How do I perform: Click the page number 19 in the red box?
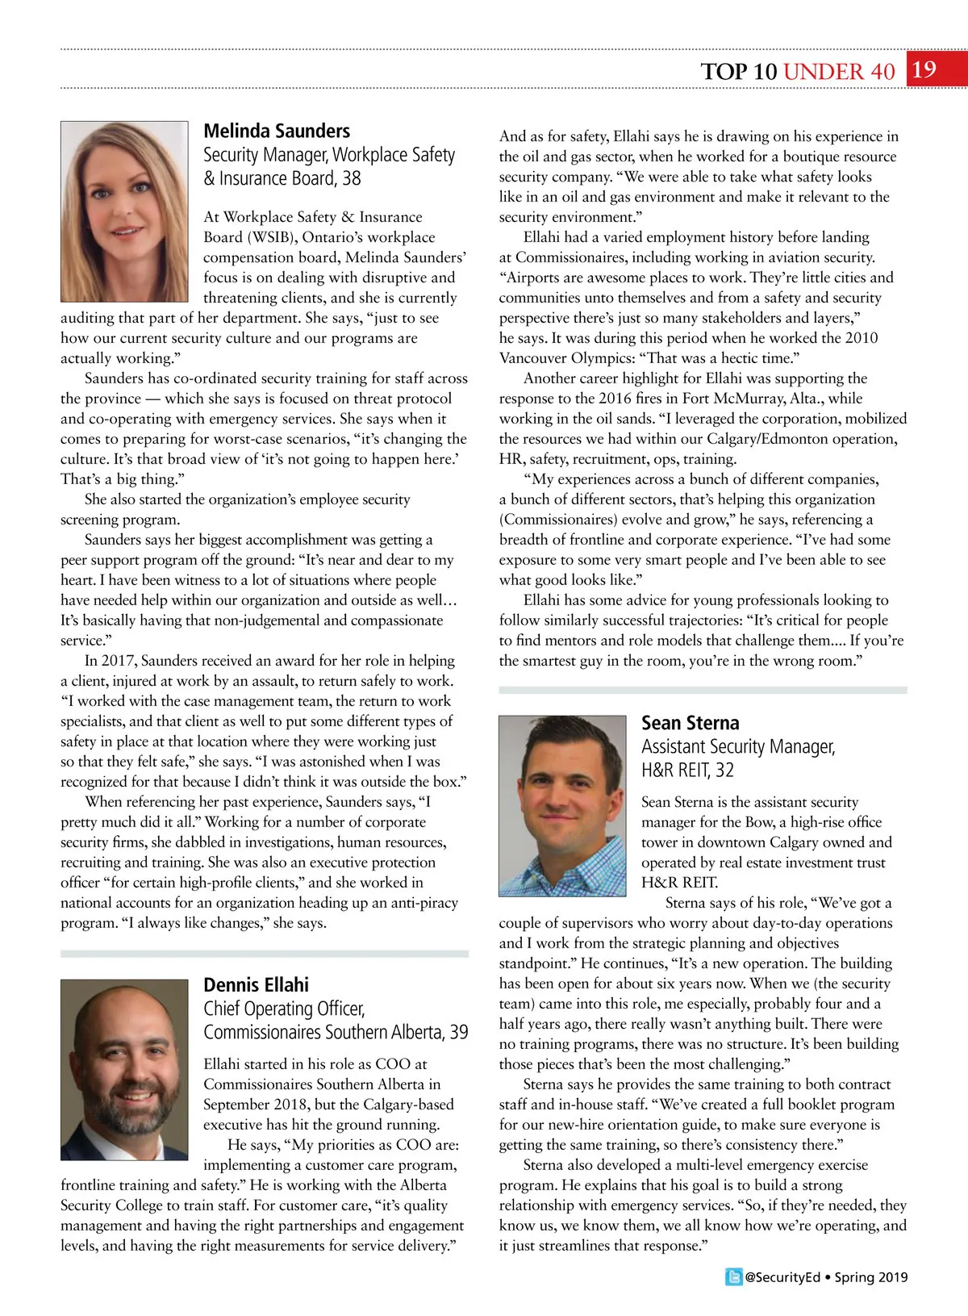point(924,69)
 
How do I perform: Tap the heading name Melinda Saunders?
point(277,131)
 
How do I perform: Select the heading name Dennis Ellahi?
point(256,984)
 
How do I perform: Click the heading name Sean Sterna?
point(690,723)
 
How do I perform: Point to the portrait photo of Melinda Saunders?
point(124,211)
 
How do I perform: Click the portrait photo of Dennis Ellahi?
point(124,1069)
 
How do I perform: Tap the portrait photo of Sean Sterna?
point(562,805)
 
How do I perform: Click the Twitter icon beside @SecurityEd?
point(733,1276)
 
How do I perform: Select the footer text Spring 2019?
point(870,1277)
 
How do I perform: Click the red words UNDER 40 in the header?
point(839,72)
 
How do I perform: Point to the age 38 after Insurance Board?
point(351,178)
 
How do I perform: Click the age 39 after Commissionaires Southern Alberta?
point(458,1032)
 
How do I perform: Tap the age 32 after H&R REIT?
point(724,771)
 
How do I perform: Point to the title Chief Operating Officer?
point(284,1009)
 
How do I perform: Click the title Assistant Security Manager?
point(737,747)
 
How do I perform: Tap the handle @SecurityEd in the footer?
point(782,1277)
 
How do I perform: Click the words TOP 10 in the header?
point(738,72)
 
